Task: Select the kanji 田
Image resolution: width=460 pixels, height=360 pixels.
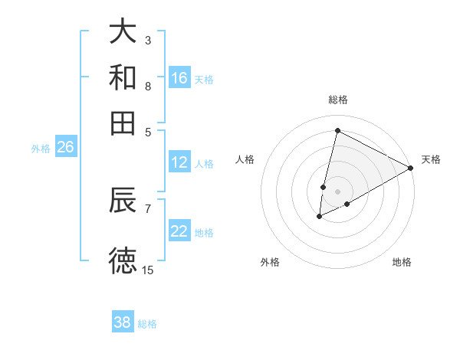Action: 123,122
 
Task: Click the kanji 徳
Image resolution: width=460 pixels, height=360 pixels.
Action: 123,261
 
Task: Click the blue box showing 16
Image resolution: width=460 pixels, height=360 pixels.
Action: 179,78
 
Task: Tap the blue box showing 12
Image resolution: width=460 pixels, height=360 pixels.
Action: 179,162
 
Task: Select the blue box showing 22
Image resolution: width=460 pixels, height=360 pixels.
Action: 179,231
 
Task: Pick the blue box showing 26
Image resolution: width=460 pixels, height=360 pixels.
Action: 65,147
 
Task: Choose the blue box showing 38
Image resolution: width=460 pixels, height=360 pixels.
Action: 123,322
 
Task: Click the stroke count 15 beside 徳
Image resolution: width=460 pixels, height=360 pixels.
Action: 148,270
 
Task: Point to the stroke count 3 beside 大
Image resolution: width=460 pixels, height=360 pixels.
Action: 148,40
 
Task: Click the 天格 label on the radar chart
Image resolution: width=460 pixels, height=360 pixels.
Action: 431,159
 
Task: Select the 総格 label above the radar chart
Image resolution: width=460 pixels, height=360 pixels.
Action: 338,100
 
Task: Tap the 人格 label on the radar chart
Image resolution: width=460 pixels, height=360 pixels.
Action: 245,159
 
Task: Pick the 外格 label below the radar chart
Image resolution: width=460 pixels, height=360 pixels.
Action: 270,262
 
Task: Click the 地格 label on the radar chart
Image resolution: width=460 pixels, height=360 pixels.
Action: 402,262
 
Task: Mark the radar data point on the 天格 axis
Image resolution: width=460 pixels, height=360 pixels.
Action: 411,168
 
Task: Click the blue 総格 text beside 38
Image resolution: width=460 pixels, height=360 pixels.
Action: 147,324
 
